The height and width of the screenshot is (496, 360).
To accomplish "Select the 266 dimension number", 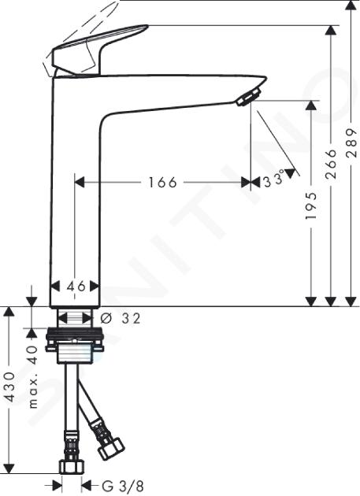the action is pos(331,164).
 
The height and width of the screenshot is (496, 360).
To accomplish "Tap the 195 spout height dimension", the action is pos(312,205).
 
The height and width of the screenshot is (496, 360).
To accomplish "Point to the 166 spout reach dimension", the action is pos(162,183).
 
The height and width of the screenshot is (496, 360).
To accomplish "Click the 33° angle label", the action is pos(274,180).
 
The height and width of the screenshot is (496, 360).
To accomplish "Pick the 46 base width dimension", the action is pos(76,287).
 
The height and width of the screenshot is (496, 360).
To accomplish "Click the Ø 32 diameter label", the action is pos(121,319).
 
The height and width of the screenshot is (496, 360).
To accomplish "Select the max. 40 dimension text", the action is pos(33,377).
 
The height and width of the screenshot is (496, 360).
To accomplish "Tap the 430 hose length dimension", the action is pos(9,387).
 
